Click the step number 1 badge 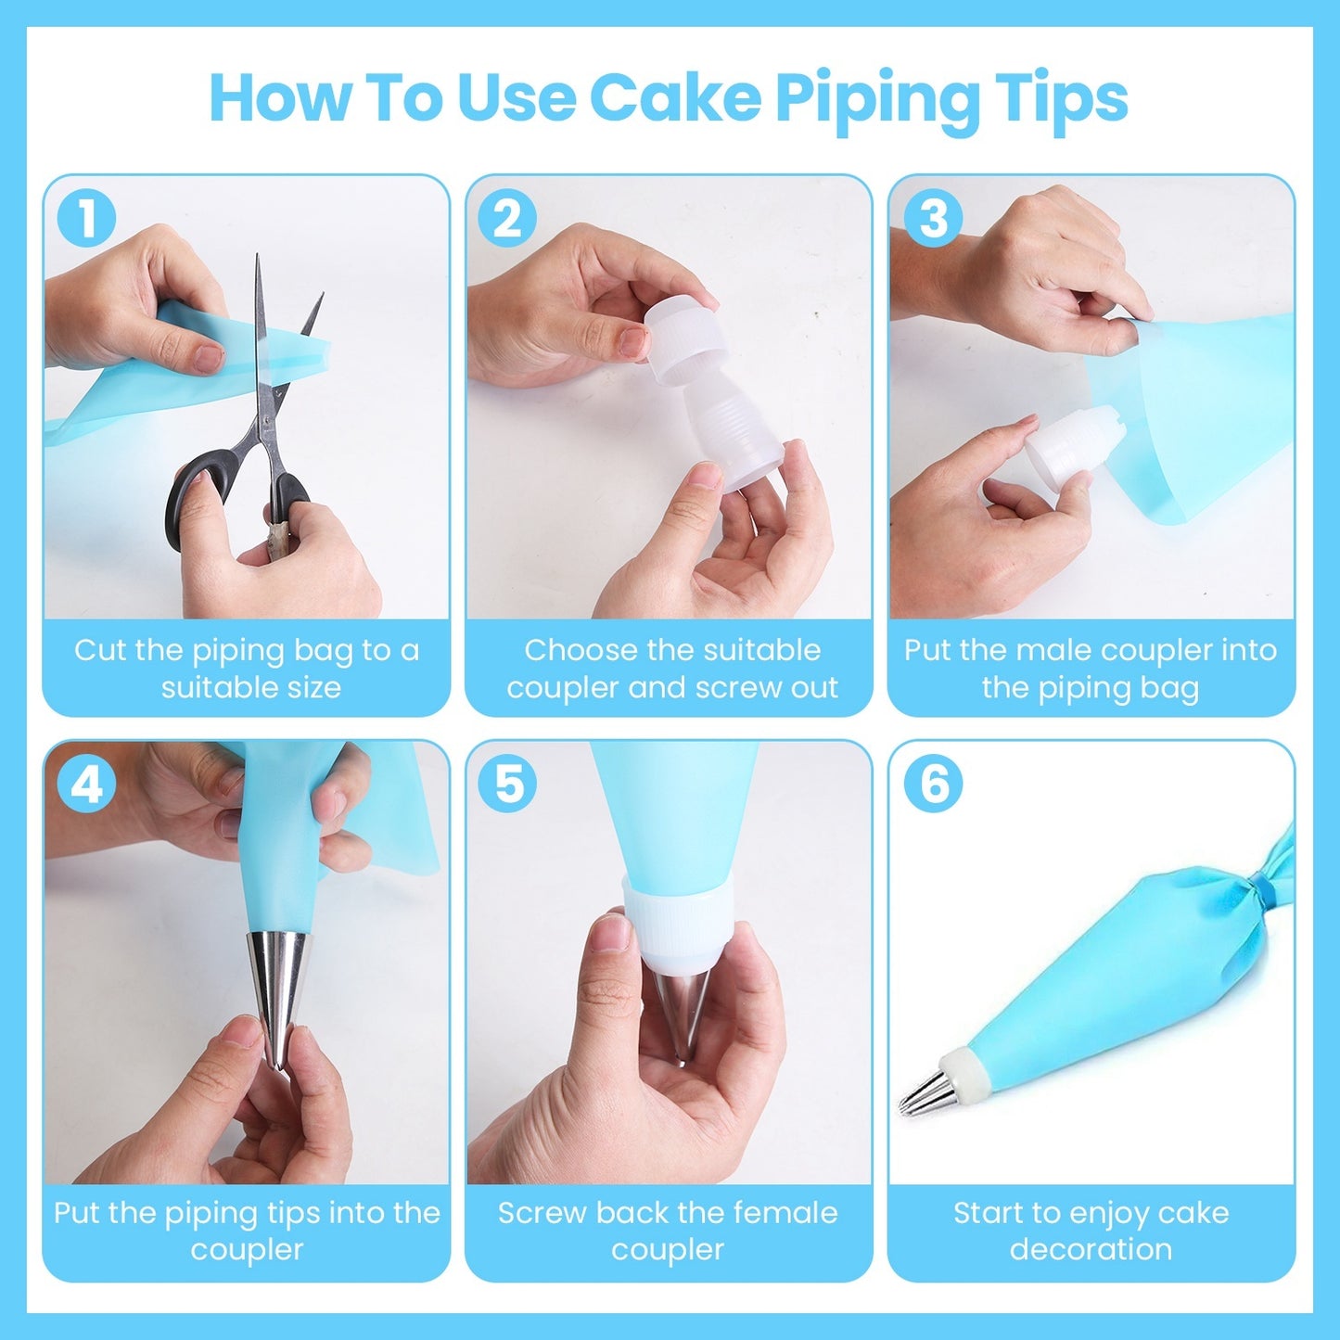(86, 219)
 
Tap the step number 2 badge (507, 219)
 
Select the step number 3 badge (933, 219)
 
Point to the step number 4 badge (86, 785)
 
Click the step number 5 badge (507, 785)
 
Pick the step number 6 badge (933, 785)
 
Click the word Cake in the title (675, 97)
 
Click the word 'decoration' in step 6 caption (1091, 1250)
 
